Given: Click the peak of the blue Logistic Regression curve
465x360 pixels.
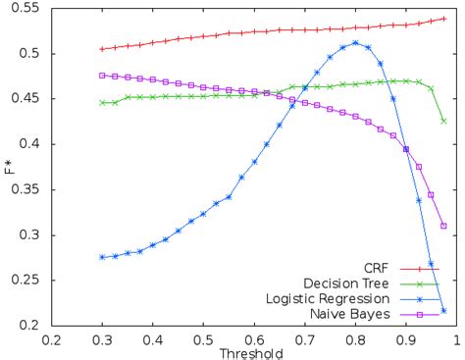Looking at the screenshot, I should (x=355, y=43).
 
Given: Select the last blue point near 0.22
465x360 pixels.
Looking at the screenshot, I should (x=443, y=311).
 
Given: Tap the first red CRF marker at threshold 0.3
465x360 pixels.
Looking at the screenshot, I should (x=102, y=49).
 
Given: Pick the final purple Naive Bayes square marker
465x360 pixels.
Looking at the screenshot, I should (x=443, y=226).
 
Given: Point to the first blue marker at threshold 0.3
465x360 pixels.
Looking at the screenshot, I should (x=102, y=257).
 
